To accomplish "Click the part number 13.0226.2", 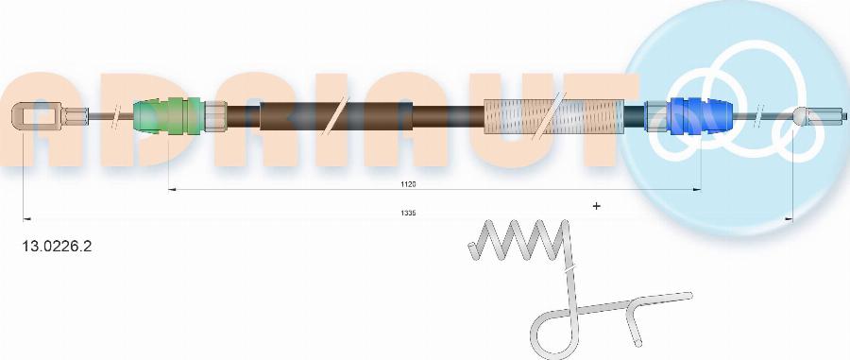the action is coord(57,247).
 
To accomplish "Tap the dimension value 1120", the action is coord(408,184).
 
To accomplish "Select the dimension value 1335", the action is coord(408,214).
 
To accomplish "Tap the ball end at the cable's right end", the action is coord(801,115).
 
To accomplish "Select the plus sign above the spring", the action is coord(596,206).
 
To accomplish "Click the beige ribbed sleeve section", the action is coord(553,116).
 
